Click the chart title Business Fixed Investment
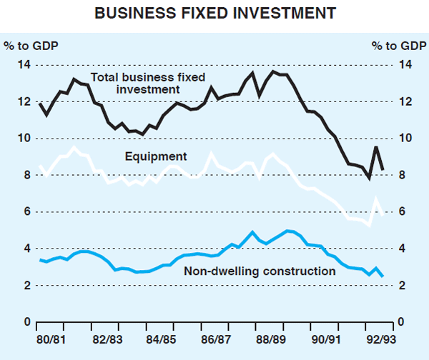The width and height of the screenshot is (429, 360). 214,13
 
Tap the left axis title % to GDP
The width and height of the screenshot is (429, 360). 31,46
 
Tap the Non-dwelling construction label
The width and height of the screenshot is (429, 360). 260,271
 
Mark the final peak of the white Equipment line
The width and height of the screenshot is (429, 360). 376,200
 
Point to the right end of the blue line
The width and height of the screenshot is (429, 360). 383,276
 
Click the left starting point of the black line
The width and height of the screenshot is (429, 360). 40,104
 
